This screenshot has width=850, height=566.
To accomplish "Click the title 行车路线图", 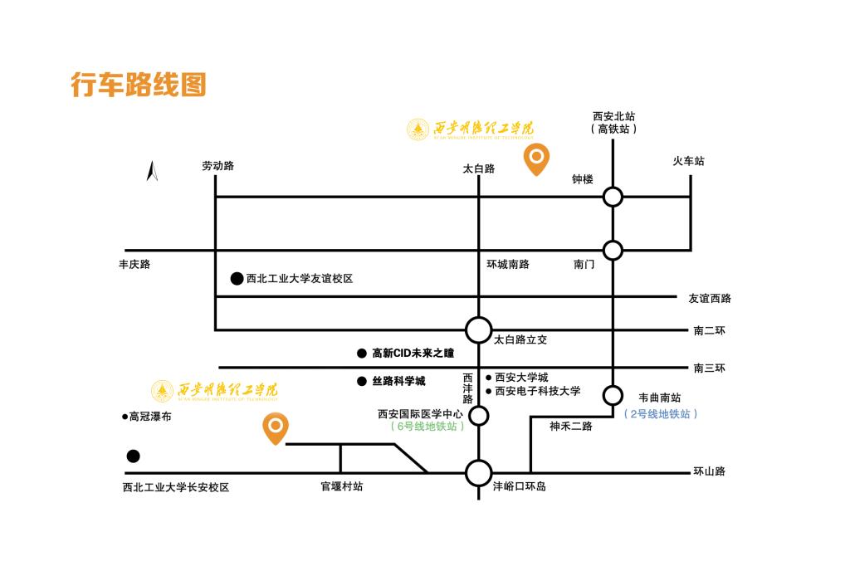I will point(138,85).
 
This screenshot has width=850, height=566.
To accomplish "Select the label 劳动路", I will point(218,166).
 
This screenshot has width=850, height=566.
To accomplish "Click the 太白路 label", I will point(478,168).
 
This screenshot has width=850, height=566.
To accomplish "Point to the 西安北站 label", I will point(613,116).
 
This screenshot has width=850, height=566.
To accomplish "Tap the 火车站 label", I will point(688,161).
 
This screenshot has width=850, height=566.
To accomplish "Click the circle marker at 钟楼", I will point(613,197).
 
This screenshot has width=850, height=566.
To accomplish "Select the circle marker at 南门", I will point(613,250).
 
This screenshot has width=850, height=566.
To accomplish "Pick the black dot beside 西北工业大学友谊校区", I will point(237,279).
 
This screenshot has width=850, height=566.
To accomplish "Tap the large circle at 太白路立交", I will point(478,329).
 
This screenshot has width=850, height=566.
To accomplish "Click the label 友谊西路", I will point(710,299).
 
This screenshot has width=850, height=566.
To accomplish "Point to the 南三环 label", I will point(710,368).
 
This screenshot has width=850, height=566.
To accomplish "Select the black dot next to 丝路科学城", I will point(361,382).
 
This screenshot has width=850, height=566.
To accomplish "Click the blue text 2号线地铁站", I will point(660,413).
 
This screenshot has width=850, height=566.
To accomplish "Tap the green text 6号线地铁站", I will point(427,427).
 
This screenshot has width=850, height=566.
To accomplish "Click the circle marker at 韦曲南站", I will point(613,394).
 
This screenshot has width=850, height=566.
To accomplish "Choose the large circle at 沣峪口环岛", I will point(478,473).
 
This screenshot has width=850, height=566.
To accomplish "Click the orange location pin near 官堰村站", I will point(276,427).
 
